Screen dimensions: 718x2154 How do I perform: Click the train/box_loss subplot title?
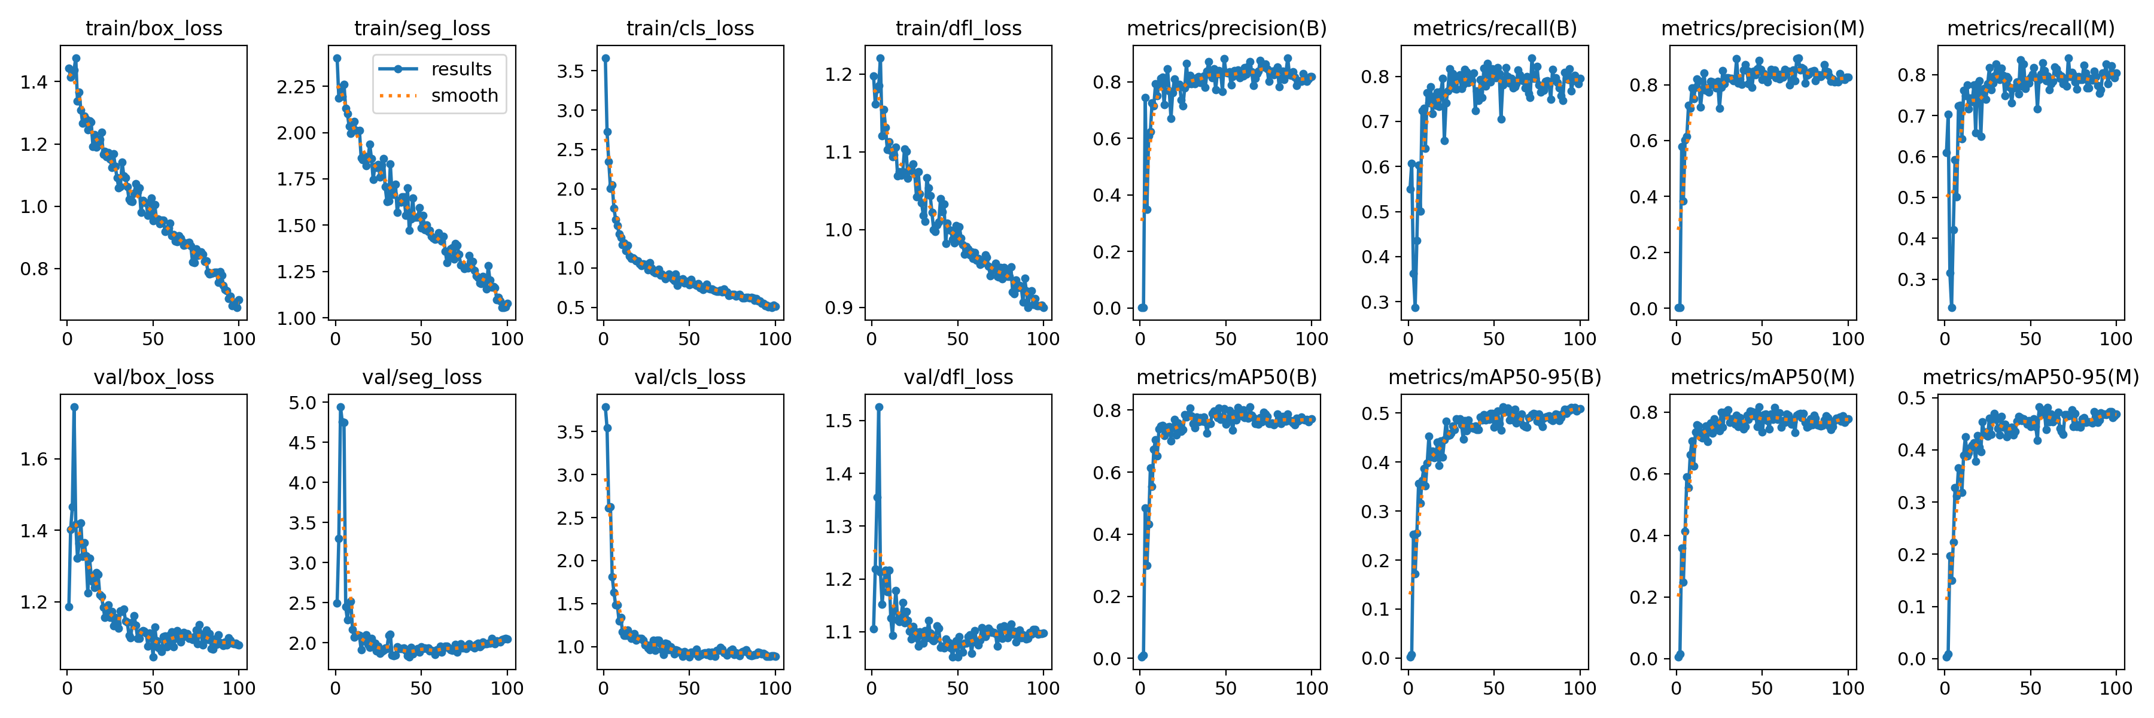pos(154,28)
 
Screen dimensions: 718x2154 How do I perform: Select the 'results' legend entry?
pos(461,69)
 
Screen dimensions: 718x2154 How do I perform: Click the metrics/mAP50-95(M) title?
pos(2030,377)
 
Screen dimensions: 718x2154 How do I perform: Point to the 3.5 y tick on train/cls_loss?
pos(571,71)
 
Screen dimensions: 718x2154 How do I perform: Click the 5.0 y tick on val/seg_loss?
pos(303,403)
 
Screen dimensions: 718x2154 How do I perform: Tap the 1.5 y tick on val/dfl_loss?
pos(839,421)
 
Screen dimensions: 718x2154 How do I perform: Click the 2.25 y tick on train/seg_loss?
pos(297,87)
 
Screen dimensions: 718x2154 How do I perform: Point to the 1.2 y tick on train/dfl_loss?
pos(839,74)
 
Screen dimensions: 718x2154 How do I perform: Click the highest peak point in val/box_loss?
pos(74,407)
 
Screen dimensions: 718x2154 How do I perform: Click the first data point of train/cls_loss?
pos(606,59)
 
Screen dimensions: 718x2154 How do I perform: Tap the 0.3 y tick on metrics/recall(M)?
pos(1912,279)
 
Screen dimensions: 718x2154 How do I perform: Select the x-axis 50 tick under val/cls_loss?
pos(689,688)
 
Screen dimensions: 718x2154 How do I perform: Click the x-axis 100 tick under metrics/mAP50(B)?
pos(1311,688)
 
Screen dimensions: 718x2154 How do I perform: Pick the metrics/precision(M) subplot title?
pos(1763,28)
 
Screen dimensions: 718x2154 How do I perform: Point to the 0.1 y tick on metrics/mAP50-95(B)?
pos(1376,609)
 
